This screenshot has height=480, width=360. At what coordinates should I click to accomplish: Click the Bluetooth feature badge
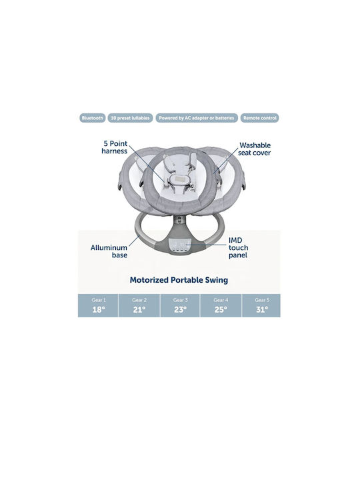[x=93, y=118]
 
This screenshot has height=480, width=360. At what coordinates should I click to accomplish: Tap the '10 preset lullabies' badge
[x=130, y=118]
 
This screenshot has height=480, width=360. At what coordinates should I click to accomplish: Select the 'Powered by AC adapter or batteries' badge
[x=197, y=118]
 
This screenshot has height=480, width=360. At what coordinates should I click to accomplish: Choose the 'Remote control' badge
[x=259, y=118]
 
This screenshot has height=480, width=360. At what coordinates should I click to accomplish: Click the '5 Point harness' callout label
[x=115, y=147]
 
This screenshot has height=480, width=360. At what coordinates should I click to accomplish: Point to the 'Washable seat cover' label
[x=255, y=149]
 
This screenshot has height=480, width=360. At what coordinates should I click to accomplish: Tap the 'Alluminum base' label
[x=109, y=251]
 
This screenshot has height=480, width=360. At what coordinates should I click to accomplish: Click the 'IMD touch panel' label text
[x=238, y=247]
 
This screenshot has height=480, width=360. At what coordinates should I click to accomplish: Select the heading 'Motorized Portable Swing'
[x=179, y=280]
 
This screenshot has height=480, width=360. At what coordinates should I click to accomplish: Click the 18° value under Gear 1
[x=99, y=310]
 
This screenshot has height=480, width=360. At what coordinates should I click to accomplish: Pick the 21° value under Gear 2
[x=139, y=310]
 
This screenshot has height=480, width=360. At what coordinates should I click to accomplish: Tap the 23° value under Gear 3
[x=180, y=310]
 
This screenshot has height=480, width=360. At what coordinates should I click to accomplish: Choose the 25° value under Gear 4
[x=221, y=310]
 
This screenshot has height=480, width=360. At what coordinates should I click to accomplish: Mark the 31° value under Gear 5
[x=262, y=310]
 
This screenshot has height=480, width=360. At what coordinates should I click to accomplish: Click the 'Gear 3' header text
[x=180, y=300]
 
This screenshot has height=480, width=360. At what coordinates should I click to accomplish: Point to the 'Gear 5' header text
[x=262, y=300]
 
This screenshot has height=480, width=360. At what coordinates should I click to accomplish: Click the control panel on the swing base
[x=179, y=245]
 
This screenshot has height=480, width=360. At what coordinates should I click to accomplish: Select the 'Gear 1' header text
[x=99, y=300]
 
